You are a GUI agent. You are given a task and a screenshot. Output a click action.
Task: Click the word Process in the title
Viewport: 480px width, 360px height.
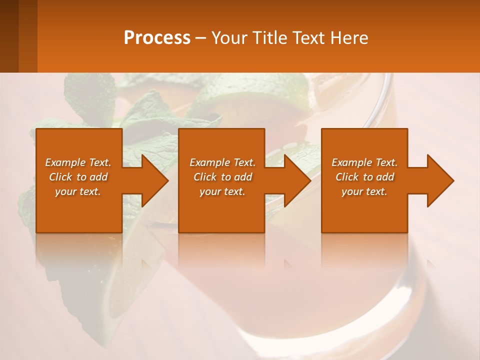(157, 38)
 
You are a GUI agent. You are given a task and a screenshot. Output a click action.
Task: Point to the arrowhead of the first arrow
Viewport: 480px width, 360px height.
(155, 180)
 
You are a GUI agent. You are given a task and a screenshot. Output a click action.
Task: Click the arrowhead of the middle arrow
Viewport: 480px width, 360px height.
(298, 180)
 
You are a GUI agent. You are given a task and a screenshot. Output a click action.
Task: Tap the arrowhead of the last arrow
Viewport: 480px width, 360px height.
(440, 180)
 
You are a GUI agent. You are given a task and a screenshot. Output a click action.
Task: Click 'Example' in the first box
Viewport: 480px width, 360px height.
(65, 162)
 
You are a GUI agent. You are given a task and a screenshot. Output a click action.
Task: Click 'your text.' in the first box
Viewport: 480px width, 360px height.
(78, 191)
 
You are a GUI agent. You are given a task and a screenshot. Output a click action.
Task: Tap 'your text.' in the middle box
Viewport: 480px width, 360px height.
(222, 191)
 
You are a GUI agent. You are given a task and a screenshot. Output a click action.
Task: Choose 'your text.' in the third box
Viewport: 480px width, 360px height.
(364, 191)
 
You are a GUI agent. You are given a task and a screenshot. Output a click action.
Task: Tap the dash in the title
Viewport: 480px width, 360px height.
(200, 38)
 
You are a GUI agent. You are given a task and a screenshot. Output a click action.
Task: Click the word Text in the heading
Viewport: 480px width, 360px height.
(307, 38)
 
